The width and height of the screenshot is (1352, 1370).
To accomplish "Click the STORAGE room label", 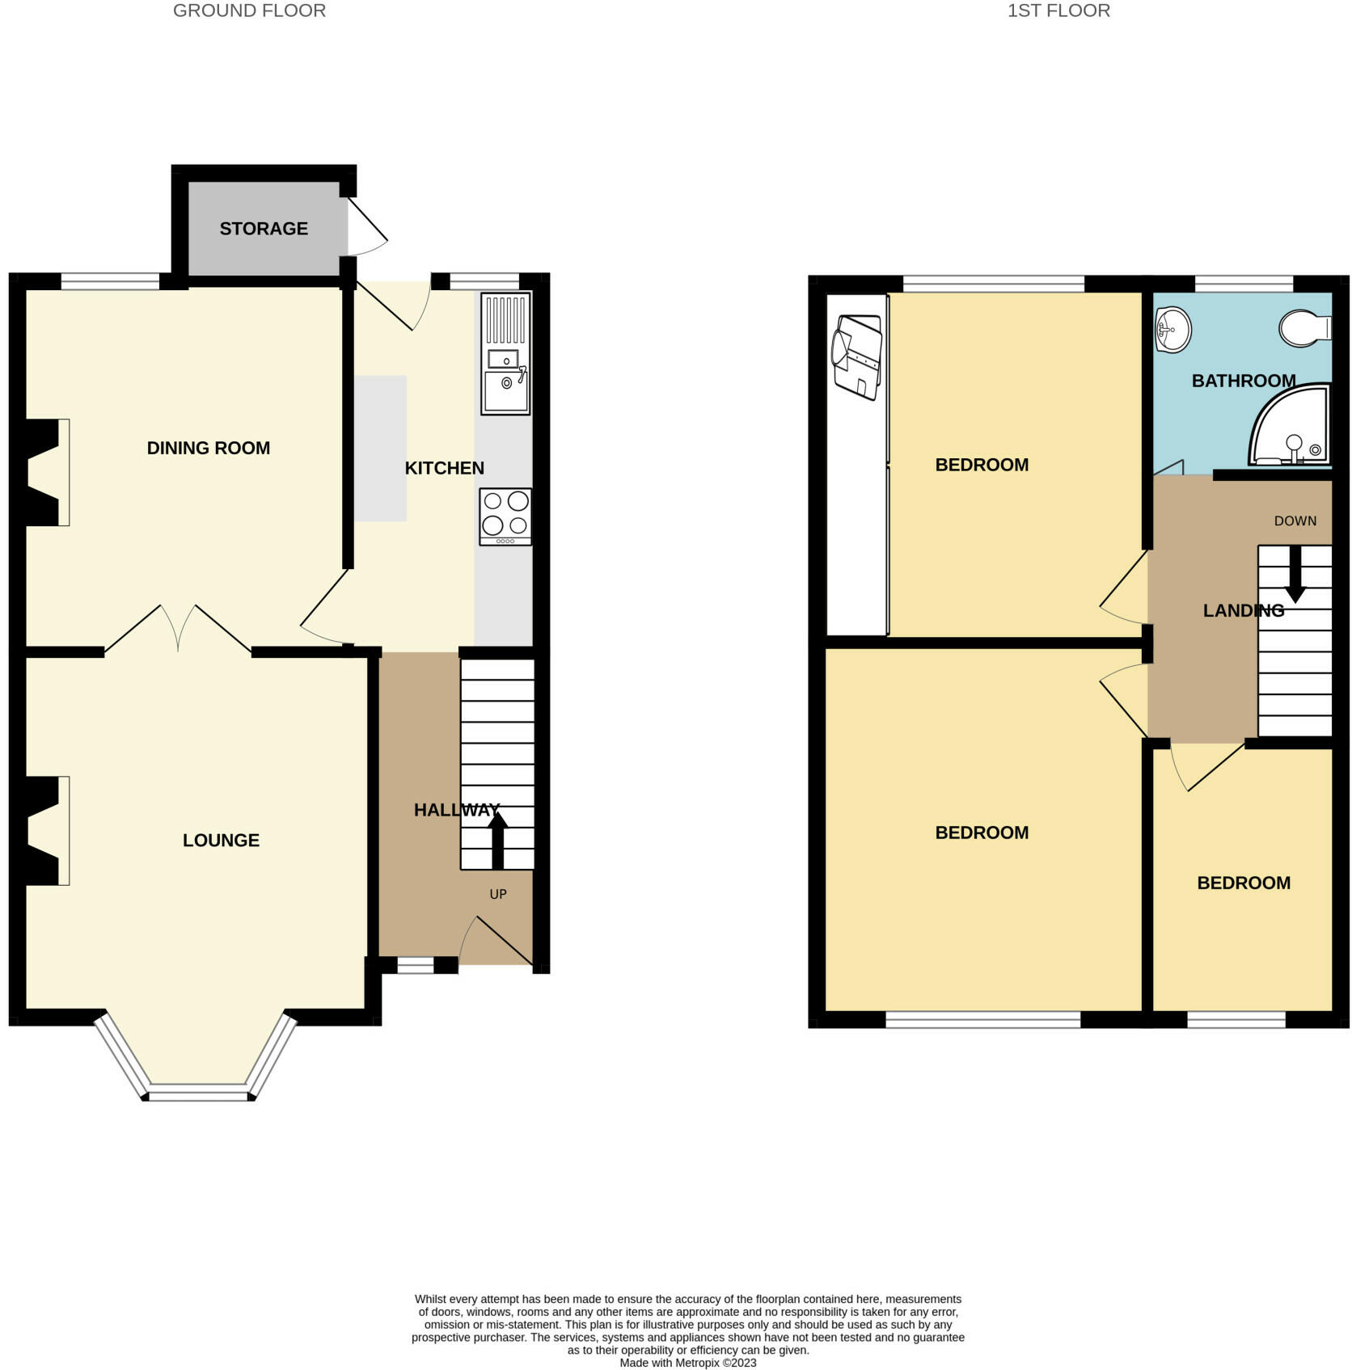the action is click(264, 229).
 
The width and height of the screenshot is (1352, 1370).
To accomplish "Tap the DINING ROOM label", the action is click(209, 448).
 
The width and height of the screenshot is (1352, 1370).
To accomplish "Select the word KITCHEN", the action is click(444, 468).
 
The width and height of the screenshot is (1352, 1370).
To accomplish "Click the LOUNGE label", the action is click(221, 841).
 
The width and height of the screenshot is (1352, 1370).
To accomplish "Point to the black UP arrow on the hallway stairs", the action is click(497, 841).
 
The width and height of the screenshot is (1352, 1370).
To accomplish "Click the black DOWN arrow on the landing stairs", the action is click(1295, 574).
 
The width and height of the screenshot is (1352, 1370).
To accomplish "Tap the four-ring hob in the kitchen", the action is click(505, 516).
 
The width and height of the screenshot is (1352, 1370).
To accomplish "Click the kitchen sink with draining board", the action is click(505, 354).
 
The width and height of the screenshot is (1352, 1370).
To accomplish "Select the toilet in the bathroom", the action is click(1305, 327).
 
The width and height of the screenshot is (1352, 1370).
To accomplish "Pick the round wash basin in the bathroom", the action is click(1172, 330).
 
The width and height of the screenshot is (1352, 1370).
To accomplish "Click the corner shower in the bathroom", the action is click(1289, 426).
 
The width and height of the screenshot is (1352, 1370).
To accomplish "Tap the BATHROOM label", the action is click(1244, 381).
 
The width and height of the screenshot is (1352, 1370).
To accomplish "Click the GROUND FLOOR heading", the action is click(249, 11).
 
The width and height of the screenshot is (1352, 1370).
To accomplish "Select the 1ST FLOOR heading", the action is click(1058, 11).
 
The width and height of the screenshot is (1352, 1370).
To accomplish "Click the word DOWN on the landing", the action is click(1295, 521).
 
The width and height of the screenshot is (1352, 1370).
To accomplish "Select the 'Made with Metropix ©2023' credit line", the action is click(688, 1363).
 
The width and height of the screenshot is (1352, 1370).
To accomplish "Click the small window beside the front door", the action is click(416, 964).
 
